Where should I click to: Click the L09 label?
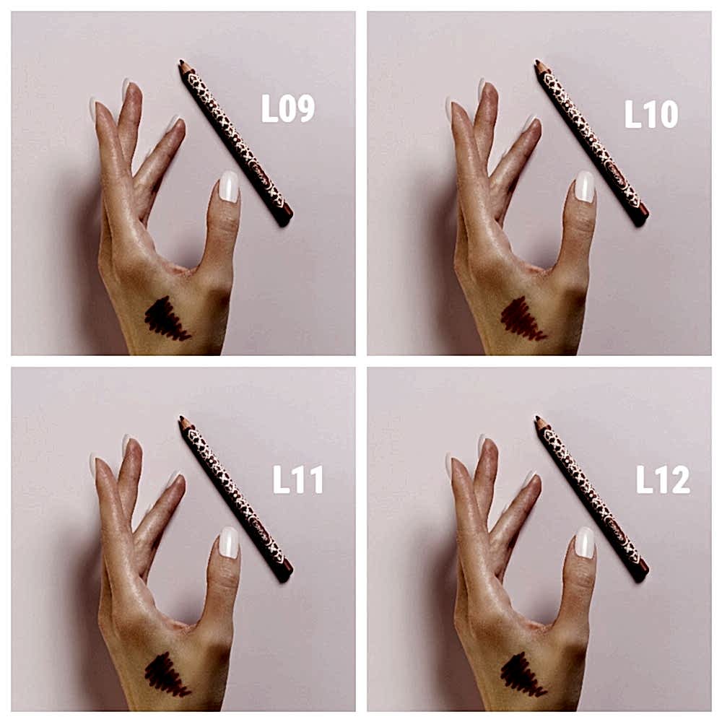tap(288, 109)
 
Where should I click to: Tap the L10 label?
tap(651, 114)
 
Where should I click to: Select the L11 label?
tap(298, 480)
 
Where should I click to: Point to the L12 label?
tap(663, 479)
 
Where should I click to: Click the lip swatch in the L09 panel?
tap(167, 319)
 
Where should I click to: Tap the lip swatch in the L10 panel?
tap(523, 319)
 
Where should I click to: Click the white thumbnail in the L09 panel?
tap(229, 186)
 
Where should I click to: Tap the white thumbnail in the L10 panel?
tap(585, 186)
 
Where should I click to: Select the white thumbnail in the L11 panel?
tap(229, 542)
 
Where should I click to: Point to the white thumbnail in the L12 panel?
tap(585, 542)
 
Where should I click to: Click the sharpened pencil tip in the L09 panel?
tap(181, 61)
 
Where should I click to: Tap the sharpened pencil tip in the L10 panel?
tap(537, 61)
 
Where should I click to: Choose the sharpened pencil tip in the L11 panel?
tap(181, 417)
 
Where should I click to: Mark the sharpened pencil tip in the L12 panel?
tap(537, 417)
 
